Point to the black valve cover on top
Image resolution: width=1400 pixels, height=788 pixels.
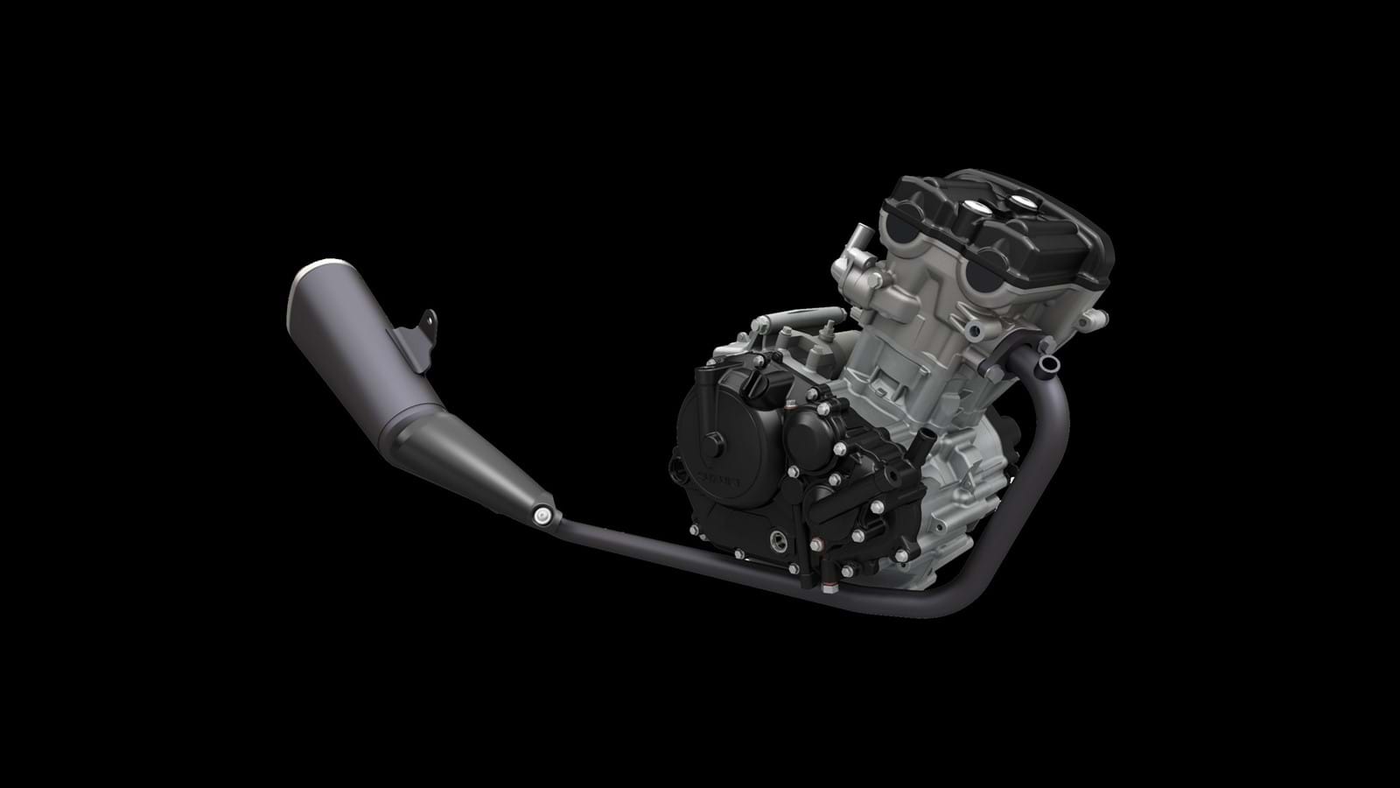(x=997, y=219)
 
